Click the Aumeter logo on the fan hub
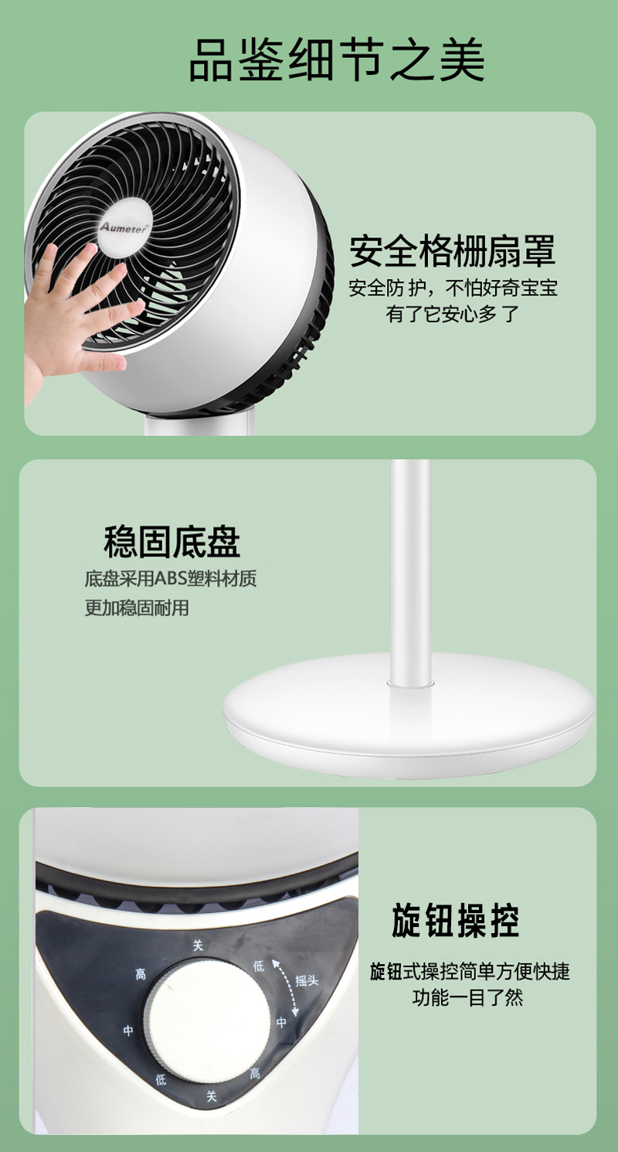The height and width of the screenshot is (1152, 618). pos(124,227)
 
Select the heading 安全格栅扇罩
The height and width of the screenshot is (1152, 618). pos(453,251)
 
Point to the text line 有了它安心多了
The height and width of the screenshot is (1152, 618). pos(453,314)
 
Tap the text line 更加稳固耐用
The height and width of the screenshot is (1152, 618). pos(137,608)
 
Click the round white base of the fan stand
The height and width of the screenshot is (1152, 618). pos(409,716)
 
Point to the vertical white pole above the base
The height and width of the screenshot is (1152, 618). pos(410,571)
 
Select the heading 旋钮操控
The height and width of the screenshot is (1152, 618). pos(455,920)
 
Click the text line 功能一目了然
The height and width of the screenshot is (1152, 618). pos(467,998)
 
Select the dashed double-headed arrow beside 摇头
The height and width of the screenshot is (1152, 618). pos(286,987)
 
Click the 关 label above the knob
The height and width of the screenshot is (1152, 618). pos(199,946)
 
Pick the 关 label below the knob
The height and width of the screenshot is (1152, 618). pos(212,1096)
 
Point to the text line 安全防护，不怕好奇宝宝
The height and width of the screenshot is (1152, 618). pos(453,288)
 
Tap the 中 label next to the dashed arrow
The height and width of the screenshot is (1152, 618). pos(281,1022)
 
